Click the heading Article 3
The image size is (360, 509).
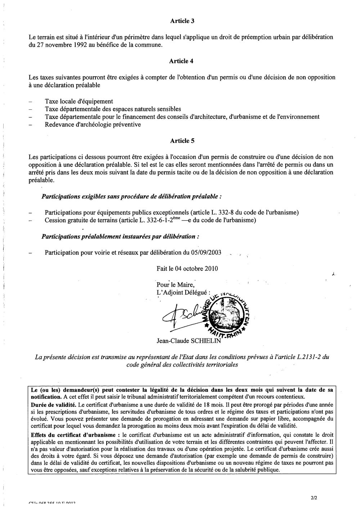coord(182,21)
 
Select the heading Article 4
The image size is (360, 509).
coord(182,61)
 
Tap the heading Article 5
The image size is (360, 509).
coord(182,141)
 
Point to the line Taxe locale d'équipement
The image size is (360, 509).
coord(79,101)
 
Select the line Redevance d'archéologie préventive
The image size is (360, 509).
coord(93,124)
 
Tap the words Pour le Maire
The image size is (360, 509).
coord(175,285)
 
